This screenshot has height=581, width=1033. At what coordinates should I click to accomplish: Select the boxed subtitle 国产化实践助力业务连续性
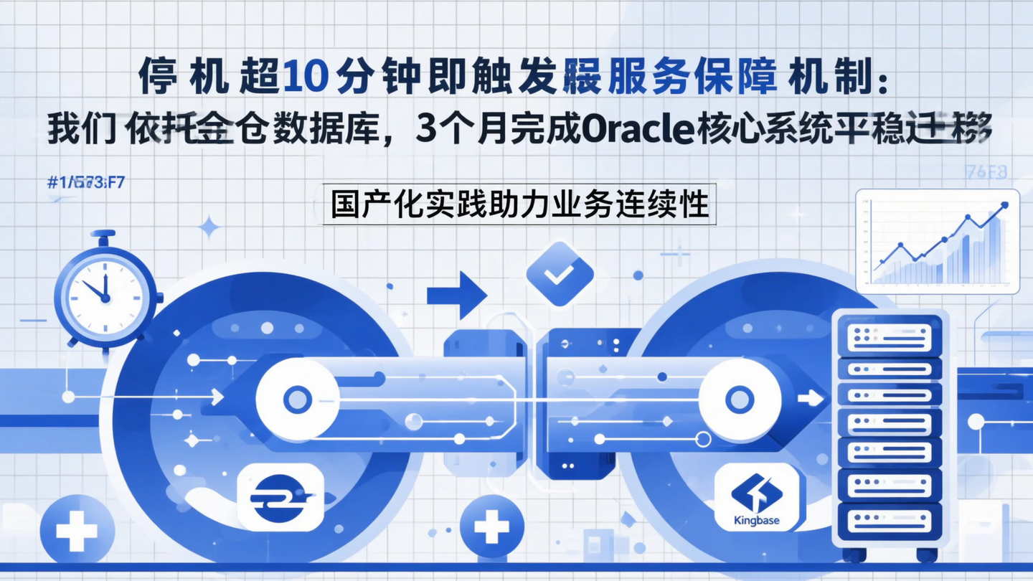pyautogui.click(x=519, y=205)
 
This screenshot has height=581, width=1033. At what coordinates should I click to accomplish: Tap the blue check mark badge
pyautogui.click(x=560, y=273)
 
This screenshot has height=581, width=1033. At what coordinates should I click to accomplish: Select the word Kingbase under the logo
pyautogui.click(x=757, y=520)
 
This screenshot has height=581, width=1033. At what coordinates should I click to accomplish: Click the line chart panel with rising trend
pyautogui.click(x=938, y=241)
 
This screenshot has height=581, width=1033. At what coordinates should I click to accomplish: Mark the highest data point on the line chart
pyautogui.click(x=1004, y=205)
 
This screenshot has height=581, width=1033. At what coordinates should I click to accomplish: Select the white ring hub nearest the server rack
pyautogui.click(x=740, y=400)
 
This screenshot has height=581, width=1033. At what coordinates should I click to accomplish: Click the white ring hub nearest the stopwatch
pyautogui.click(x=297, y=400)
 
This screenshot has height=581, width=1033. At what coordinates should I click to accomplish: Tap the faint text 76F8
pyautogui.click(x=986, y=172)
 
